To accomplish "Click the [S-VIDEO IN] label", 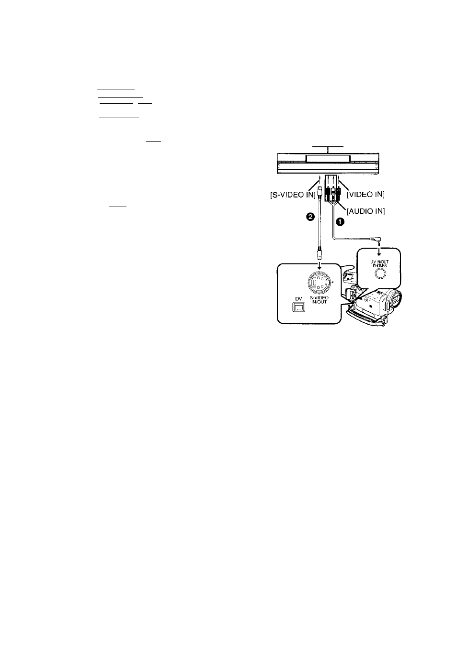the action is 293,195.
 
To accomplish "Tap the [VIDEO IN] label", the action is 366,195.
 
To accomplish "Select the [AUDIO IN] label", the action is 366,211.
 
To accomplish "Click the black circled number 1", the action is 340,222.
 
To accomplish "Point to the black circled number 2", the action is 310,217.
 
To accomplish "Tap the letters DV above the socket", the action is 298,299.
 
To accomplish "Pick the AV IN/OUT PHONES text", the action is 379,263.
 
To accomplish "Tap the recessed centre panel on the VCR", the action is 328,158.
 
